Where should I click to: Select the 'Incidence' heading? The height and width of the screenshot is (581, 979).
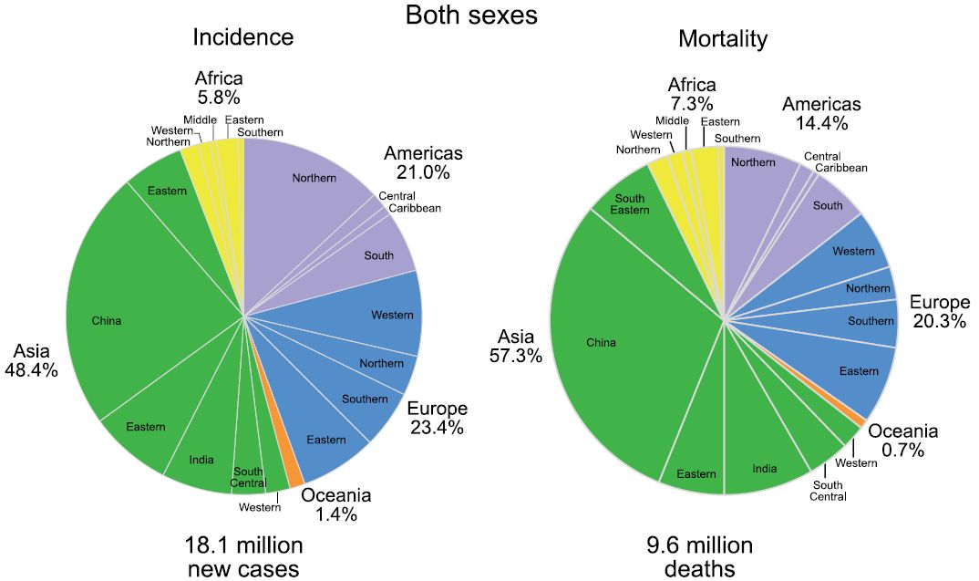tap(242, 37)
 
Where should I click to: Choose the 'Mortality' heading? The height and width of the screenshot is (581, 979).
tap(723, 39)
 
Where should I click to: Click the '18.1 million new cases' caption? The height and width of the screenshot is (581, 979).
tap(243, 556)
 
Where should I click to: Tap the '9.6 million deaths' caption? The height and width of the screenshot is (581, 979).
tap(700, 556)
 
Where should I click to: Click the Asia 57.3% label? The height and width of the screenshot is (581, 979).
tap(516, 345)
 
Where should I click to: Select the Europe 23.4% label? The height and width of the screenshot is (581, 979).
tap(438, 418)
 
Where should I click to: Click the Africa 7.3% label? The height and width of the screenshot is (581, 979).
tap(691, 94)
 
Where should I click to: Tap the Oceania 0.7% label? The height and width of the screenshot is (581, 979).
tap(902, 441)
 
